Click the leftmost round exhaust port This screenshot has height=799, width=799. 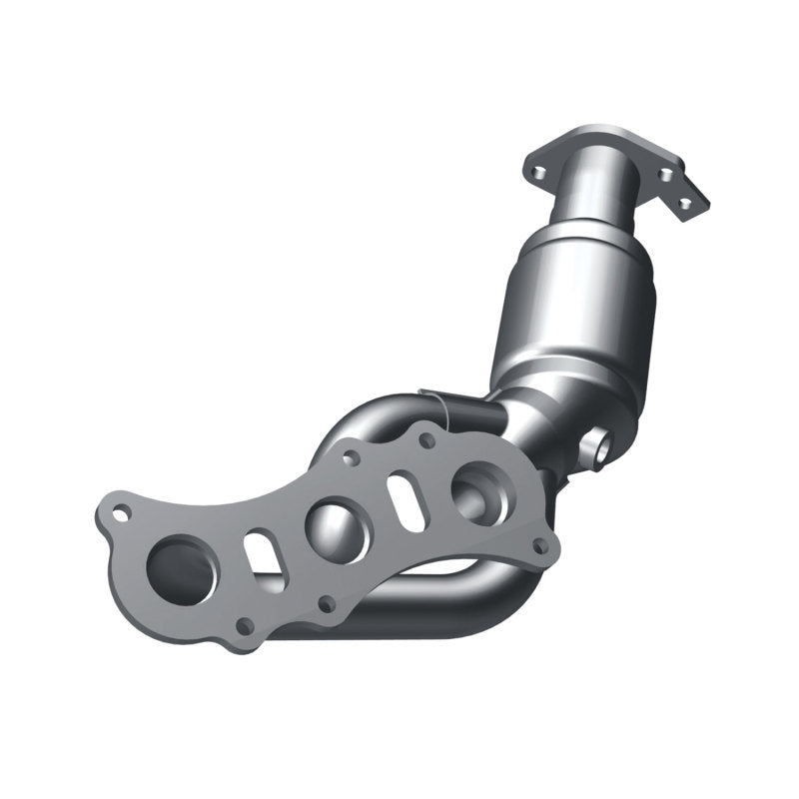point(181,569)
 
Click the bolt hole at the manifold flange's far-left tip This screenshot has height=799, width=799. point(121,515)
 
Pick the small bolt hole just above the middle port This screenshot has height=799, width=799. point(352,458)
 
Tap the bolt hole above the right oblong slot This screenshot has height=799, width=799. point(427,439)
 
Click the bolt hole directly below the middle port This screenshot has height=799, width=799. point(326,603)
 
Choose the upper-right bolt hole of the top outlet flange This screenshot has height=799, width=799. point(666,174)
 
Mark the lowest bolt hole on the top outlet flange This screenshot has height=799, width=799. point(685,204)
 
